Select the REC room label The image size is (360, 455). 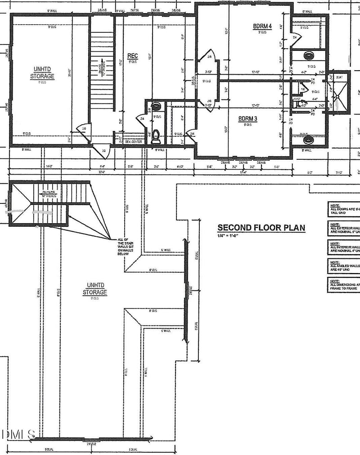coord(132,56)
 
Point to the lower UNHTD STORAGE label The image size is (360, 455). coord(94,289)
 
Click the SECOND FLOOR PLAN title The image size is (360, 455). coord(261,228)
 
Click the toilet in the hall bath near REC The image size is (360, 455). coord(156,135)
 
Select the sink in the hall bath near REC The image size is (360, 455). coord(156,107)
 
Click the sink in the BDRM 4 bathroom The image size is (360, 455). coord(309,56)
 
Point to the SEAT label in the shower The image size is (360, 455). coord(339,77)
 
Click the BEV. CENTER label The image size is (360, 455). coord(134,142)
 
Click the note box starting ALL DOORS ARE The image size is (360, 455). coord(343,209)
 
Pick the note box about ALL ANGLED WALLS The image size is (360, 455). coord(343,266)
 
